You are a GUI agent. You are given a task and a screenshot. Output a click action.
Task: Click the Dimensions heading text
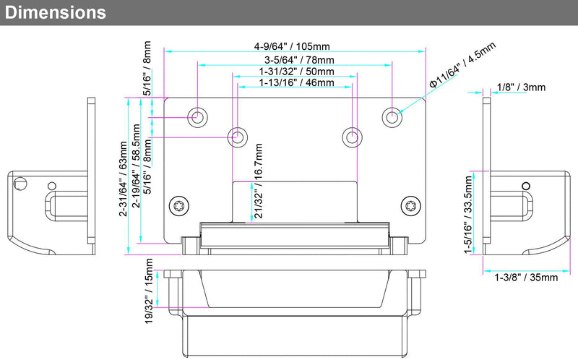56,12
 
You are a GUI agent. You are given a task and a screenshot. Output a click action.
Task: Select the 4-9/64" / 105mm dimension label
292,46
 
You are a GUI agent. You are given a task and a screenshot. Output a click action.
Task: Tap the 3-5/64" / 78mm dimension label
299,60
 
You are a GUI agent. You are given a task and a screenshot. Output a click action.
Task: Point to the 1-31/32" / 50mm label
296,71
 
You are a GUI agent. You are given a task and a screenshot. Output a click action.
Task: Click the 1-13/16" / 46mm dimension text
296,82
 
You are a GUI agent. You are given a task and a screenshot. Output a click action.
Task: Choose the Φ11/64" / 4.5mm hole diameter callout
462,65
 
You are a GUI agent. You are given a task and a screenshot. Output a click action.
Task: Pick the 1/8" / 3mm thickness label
521,87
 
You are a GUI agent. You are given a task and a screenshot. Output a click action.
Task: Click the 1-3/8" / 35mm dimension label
526,278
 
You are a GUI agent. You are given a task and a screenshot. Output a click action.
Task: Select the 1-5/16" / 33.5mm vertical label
468,215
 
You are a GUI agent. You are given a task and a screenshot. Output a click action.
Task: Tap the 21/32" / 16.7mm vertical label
259,181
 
